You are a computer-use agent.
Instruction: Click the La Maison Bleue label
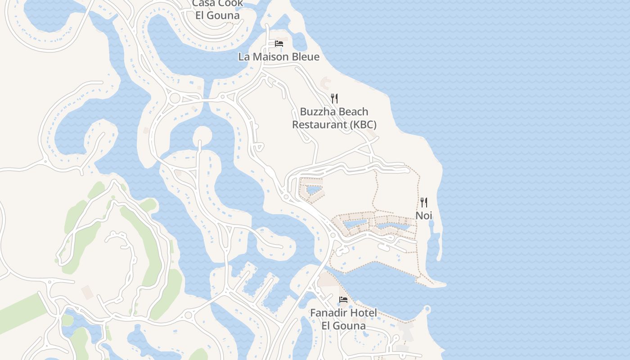tap(279, 57)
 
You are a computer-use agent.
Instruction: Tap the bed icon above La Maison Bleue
tap(279, 44)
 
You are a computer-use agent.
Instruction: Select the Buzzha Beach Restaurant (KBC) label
tap(334, 118)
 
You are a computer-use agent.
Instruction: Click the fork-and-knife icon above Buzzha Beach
tap(334, 99)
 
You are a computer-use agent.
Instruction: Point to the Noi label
tap(423, 216)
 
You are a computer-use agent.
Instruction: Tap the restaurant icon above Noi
tap(423, 202)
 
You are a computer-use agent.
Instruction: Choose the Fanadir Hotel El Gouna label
tap(343, 319)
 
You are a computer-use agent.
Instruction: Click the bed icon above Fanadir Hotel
tap(343, 300)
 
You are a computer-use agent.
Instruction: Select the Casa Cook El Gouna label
tap(217, 9)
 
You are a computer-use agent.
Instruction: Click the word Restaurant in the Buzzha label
tap(319, 125)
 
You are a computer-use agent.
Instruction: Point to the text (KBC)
tap(363, 125)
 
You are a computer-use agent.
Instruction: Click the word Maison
tap(270, 57)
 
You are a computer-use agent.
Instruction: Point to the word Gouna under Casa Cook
tap(224, 15)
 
